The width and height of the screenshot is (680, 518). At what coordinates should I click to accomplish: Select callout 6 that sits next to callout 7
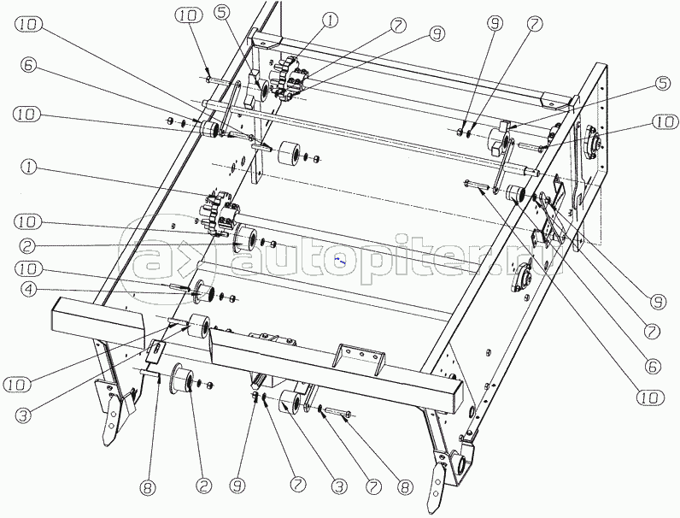pos(653,366)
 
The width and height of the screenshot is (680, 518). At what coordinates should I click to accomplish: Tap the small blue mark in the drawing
pos(338,256)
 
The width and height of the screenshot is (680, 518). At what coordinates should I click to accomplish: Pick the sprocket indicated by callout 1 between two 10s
pos(221,214)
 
